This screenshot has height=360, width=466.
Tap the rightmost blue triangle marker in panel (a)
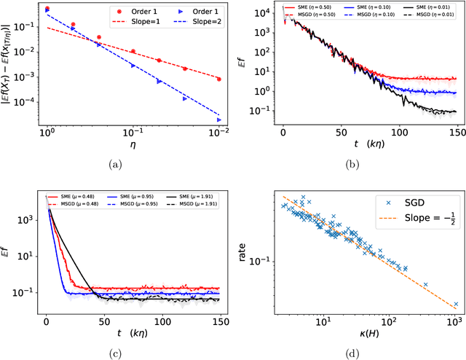click(218, 120)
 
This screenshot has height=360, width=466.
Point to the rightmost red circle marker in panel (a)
click(218, 79)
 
